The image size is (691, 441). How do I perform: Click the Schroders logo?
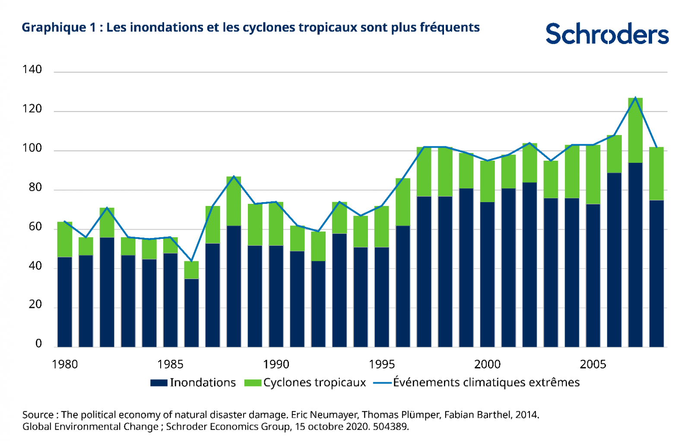click(607, 33)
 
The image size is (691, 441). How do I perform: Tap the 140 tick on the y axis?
click(32, 70)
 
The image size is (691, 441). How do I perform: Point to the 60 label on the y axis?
click(35, 227)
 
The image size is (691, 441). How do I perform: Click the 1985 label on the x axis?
click(170, 365)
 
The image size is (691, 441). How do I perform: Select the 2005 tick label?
click(593, 365)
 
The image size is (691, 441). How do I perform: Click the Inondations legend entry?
click(193, 383)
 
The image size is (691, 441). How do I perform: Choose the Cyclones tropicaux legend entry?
click(305, 383)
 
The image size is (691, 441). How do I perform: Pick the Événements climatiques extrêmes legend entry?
click(477, 382)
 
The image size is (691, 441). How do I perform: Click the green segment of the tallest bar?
click(635, 130)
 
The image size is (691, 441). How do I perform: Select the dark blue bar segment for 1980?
click(65, 302)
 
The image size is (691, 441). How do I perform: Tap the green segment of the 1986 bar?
click(192, 270)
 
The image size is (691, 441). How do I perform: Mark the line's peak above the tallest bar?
click(635, 98)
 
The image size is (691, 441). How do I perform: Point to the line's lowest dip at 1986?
click(192, 261)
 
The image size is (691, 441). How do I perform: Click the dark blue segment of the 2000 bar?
click(488, 275)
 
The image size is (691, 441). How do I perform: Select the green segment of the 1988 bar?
click(234, 201)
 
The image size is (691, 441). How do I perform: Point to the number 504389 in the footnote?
click(390, 427)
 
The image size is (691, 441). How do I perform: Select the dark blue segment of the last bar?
click(656, 274)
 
